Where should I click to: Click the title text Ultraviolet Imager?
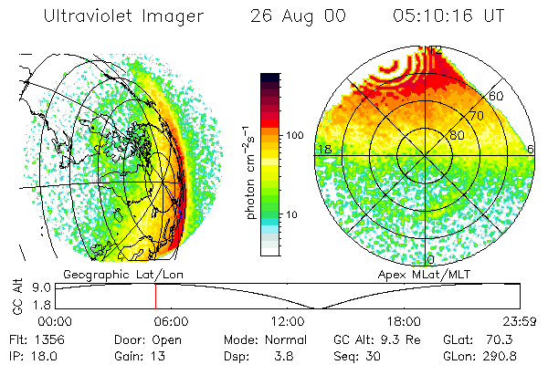[118, 17]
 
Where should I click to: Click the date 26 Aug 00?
[295, 17]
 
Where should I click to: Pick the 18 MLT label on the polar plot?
[322, 149]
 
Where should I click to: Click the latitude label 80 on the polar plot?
[456, 135]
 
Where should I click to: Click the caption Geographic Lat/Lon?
[108, 274]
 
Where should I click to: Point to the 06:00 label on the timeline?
[171, 321]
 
